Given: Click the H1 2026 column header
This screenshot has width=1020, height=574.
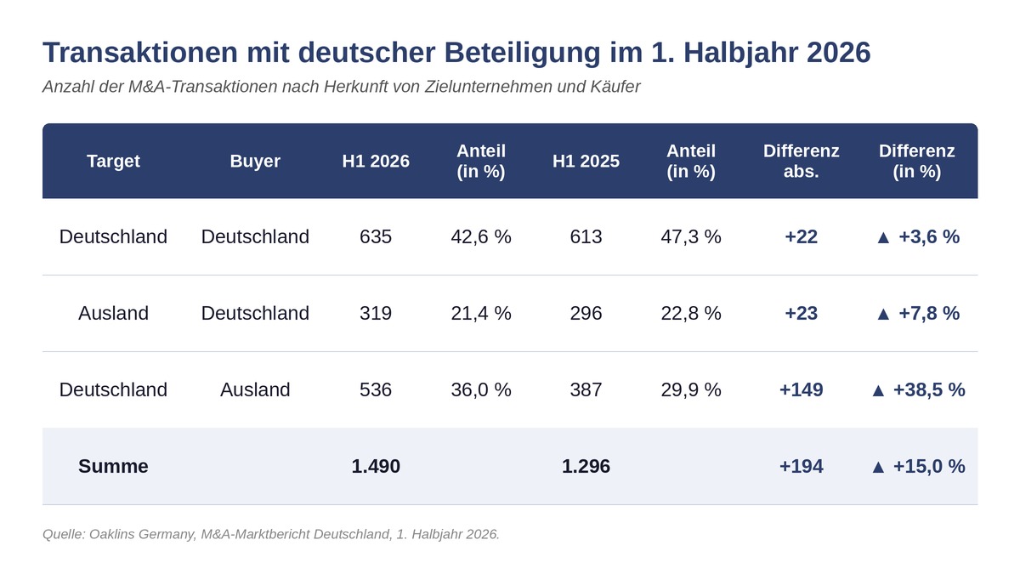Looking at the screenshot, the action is pos(376,162).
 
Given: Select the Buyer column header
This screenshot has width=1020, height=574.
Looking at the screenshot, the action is pos(255,162).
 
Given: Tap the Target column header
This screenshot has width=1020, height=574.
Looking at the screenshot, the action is pos(113,162).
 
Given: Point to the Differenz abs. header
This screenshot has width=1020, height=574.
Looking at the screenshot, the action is pos(801,162).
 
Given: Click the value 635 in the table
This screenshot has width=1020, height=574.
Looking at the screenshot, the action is pos(376,237).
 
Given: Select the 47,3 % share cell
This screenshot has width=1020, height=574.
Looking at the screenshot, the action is pos(691,237).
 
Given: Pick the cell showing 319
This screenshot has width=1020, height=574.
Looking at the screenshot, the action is pos(376,314).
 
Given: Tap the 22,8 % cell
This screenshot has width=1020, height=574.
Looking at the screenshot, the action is pos(691,314).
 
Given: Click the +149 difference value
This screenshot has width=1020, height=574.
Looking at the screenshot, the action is pos(801,390).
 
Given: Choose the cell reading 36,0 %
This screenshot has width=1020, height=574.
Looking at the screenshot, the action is pos(481,390).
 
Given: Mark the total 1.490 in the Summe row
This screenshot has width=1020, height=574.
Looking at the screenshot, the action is pos(376,467).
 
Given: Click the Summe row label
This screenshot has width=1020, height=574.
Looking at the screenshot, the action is pos(113,467).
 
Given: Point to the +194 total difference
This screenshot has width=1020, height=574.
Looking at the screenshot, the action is pos(801,467).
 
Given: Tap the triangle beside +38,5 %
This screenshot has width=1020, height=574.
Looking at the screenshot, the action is pos(878,391).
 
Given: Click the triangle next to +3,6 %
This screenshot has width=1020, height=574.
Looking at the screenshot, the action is pos(883,238).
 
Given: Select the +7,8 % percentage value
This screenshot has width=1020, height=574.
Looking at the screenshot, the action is pos(929,314).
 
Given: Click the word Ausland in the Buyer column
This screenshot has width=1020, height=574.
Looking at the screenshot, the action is pos(255,390).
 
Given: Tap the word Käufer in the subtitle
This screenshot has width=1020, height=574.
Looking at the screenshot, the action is pos(615,87).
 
